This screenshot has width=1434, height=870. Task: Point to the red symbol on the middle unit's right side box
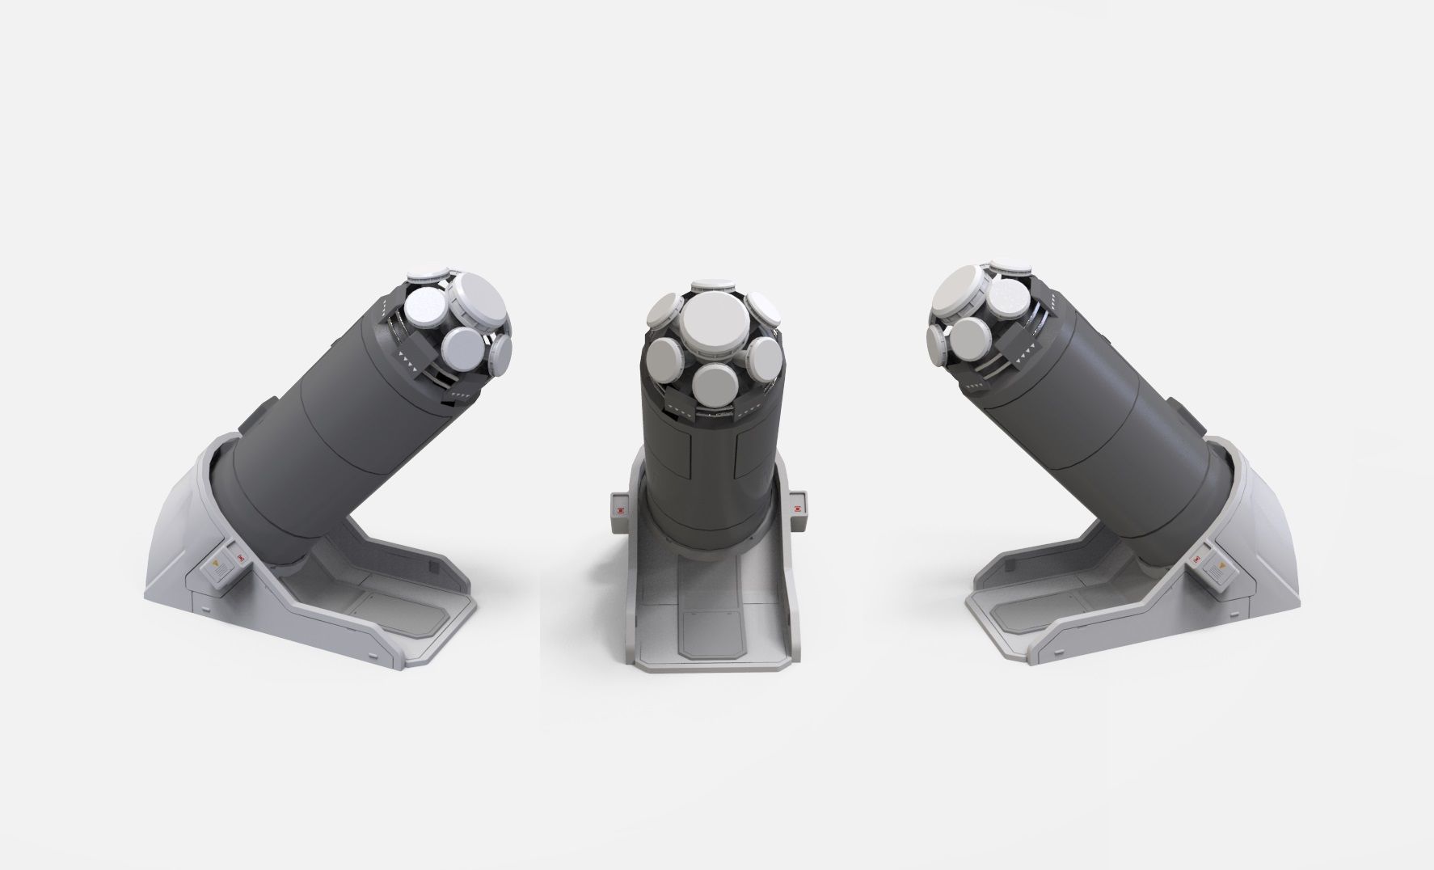point(798,509)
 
